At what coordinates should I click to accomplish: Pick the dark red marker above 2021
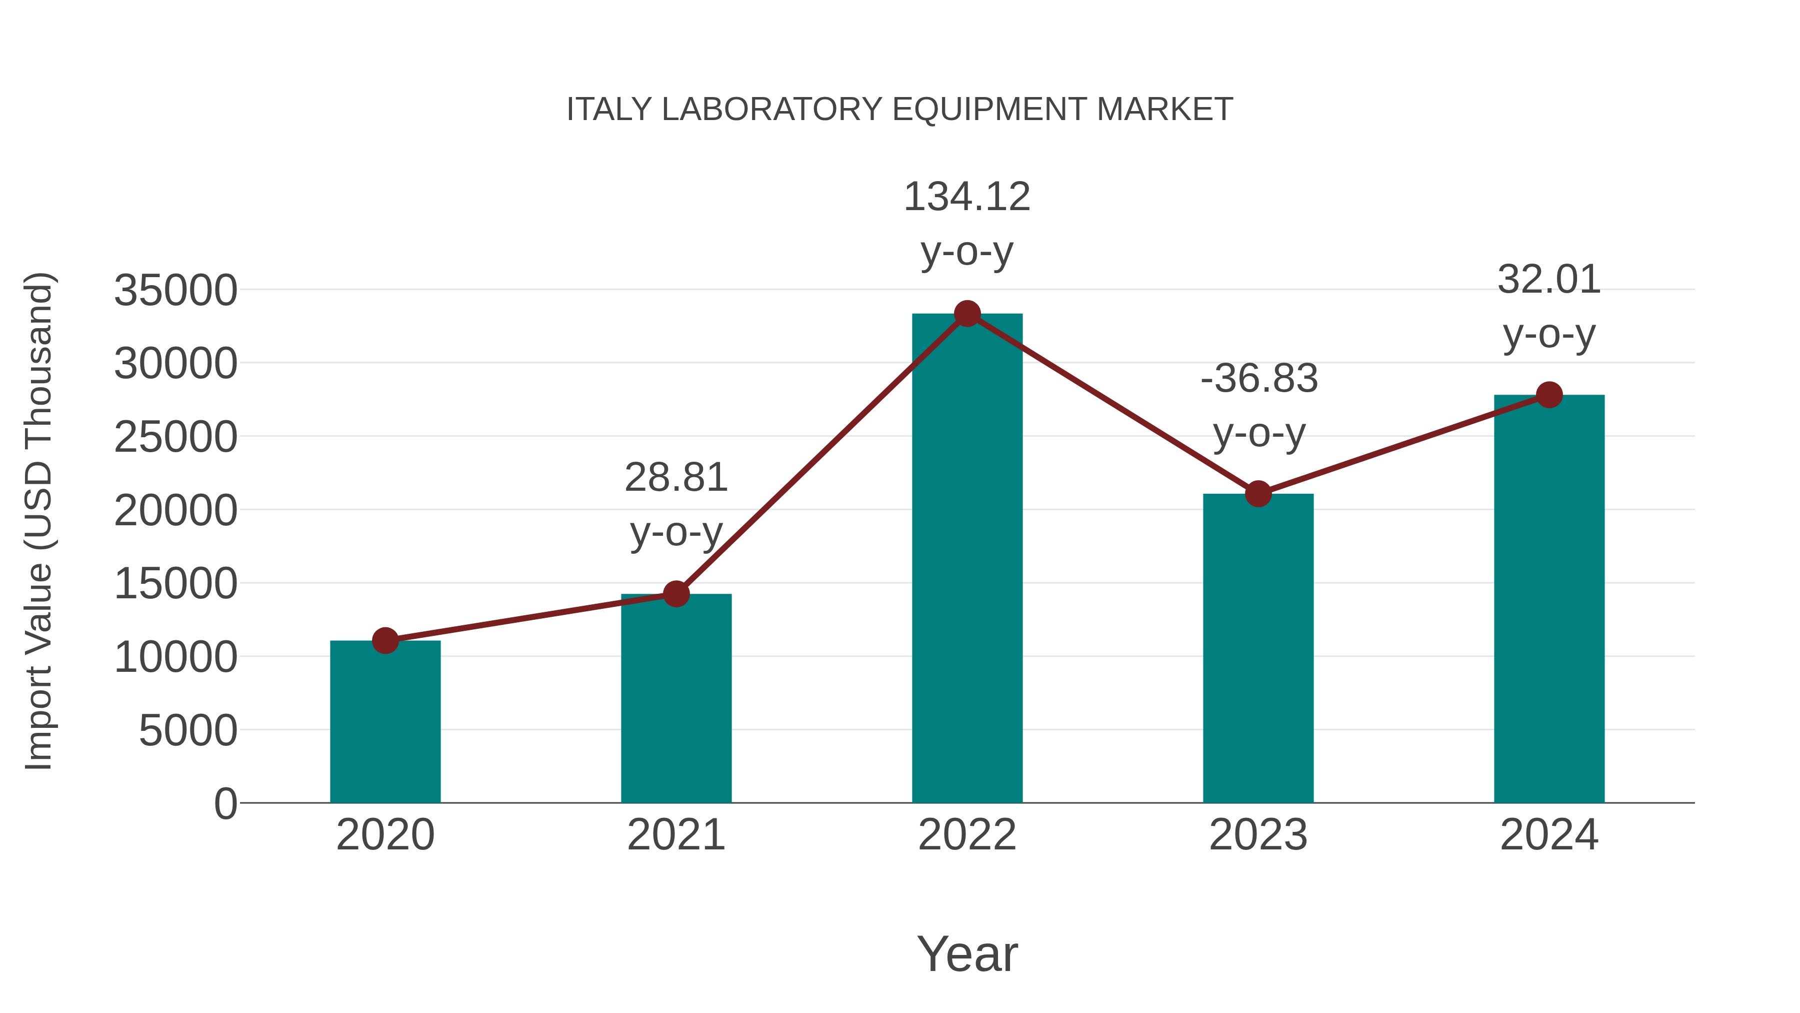(675, 593)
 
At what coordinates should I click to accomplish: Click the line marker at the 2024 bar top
(1549, 395)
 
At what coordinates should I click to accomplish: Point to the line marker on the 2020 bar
(385, 640)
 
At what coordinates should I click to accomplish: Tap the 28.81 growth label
(675, 503)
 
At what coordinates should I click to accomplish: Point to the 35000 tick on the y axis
(175, 290)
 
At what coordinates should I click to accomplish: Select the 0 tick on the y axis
(225, 803)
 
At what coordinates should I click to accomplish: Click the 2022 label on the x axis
(967, 835)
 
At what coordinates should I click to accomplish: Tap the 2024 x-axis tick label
(1549, 835)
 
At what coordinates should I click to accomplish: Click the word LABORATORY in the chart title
(772, 110)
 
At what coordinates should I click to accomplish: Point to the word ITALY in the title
(609, 110)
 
